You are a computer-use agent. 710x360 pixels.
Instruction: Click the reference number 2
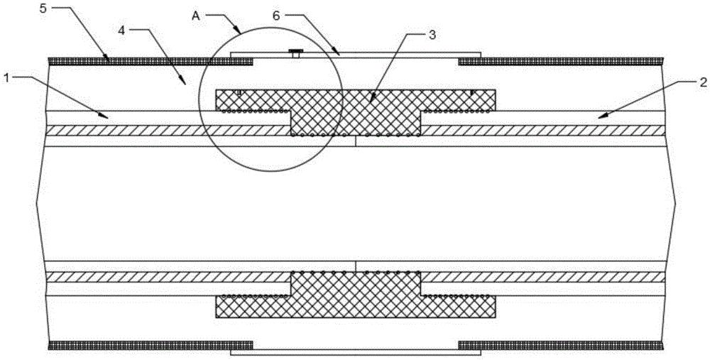[x=701, y=82]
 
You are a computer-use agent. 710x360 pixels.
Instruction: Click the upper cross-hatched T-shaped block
[x=356, y=110]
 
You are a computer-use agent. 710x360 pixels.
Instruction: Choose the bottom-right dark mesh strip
[x=561, y=346]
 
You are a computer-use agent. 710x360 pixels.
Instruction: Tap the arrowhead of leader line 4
[x=185, y=83]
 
